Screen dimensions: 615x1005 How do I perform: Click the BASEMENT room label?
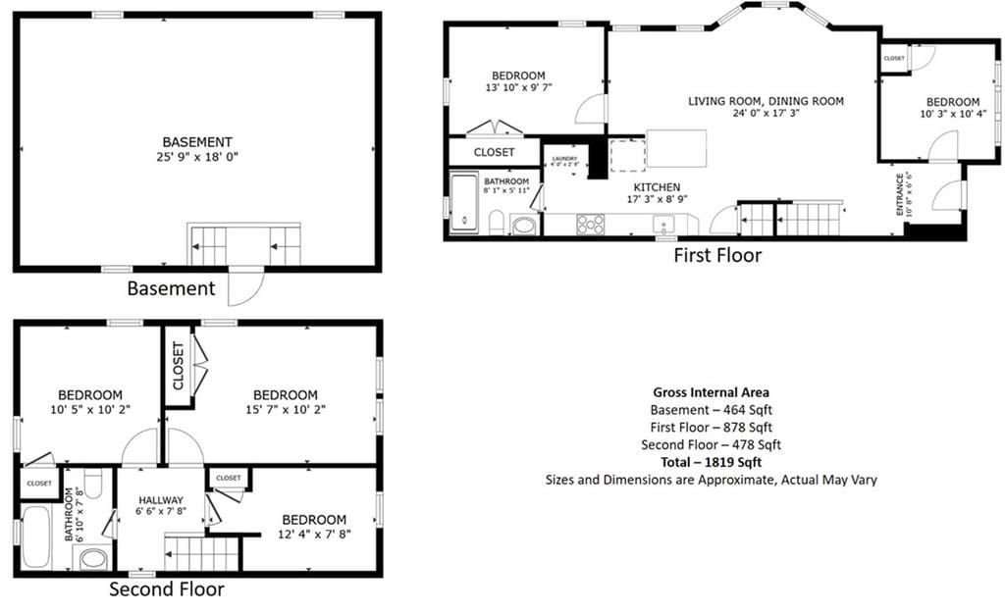[x=197, y=141]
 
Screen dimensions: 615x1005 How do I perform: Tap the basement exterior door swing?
[x=246, y=285]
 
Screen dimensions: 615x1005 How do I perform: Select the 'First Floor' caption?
[x=716, y=256]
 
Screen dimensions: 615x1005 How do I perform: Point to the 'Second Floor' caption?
[x=166, y=589]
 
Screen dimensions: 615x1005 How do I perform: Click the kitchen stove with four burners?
[x=590, y=224]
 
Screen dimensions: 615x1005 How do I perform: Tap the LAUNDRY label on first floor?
[x=564, y=158]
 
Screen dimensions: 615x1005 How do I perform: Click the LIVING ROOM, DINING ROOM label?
[x=766, y=101]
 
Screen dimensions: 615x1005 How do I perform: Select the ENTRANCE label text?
[x=900, y=194]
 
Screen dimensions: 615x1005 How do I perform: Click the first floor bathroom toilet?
[x=496, y=223]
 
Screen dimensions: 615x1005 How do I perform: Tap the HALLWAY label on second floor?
[x=161, y=500]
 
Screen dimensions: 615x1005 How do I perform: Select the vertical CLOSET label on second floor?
[x=178, y=365]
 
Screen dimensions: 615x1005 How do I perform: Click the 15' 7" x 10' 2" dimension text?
[x=285, y=409]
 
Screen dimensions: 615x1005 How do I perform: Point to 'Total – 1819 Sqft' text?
[x=711, y=462]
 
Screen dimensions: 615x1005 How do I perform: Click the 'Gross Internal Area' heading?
[x=711, y=392]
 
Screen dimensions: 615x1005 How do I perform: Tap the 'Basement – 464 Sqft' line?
[x=711, y=410]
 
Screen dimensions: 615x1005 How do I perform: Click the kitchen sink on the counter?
[x=664, y=224]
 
